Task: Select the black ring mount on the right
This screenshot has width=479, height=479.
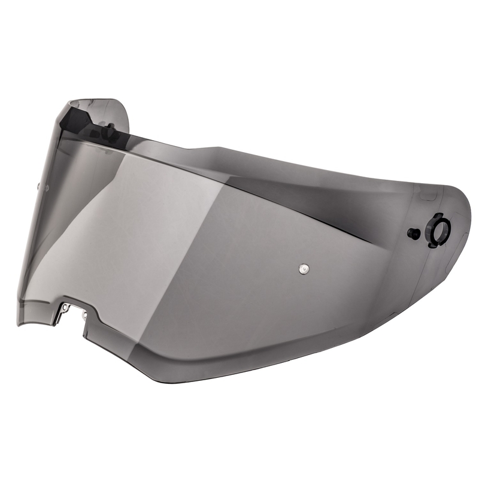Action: coord(438,229)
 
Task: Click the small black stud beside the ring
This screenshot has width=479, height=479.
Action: coord(413,234)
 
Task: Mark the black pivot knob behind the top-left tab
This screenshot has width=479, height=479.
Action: coord(110,128)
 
